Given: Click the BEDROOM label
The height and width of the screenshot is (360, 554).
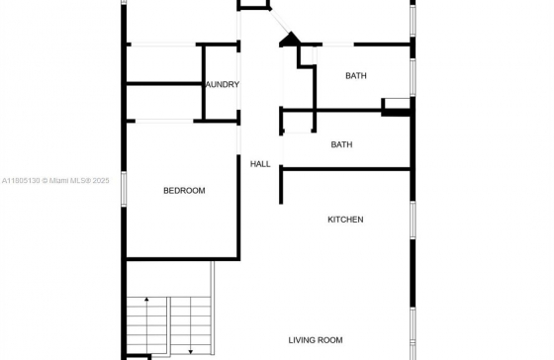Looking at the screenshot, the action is click(x=184, y=191).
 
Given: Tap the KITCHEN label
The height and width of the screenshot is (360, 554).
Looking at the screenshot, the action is click(x=345, y=220).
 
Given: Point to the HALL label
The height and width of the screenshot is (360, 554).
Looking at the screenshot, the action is click(x=260, y=164).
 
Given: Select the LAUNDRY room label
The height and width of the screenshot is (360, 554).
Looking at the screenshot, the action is click(x=223, y=84).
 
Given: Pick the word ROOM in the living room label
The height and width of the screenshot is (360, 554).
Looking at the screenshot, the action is click(x=329, y=340).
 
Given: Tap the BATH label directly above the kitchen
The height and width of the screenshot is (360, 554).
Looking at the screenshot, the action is click(x=341, y=144).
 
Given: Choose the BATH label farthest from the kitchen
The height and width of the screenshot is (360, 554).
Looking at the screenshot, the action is click(x=356, y=75).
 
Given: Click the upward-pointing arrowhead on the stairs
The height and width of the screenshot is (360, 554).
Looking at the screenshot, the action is click(x=146, y=300).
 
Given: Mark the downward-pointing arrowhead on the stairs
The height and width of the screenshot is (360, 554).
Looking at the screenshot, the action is click(x=191, y=352).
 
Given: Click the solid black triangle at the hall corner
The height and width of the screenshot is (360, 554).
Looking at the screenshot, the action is click(x=290, y=40).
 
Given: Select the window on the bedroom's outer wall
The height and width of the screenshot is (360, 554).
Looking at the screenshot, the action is click(x=124, y=189).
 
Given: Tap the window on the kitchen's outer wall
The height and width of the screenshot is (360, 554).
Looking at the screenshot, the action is click(x=413, y=220).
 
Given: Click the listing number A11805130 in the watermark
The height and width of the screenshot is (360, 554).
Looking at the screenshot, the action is click(x=21, y=181).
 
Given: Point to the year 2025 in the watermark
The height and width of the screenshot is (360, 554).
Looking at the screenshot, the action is click(x=101, y=181).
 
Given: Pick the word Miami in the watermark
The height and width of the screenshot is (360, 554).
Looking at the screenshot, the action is click(x=57, y=181).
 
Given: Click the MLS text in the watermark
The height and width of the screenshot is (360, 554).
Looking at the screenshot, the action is click(x=78, y=181).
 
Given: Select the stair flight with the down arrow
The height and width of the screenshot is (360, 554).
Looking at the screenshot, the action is click(x=191, y=325).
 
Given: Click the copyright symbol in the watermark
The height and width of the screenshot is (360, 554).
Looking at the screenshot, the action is click(x=45, y=181).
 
